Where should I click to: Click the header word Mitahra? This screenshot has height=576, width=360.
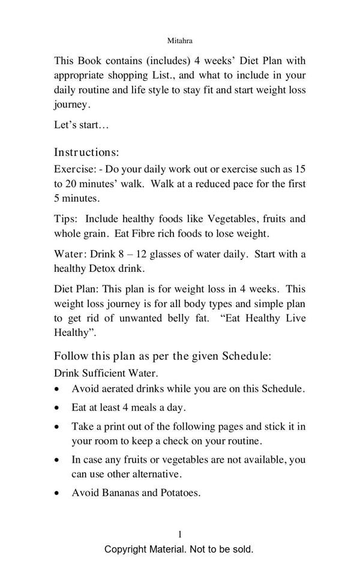[x=180, y=41]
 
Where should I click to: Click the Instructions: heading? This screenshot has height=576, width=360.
[x=86, y=152]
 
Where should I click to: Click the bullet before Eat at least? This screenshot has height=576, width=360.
[x=57, y=408]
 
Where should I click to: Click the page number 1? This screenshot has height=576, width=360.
[x=180, y=534]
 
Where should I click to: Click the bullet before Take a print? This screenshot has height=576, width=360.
[x=57, y=427]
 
